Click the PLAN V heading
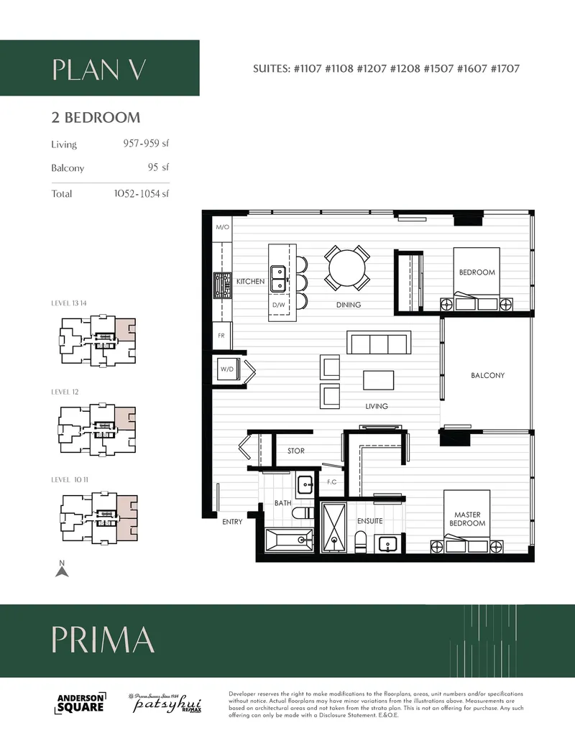(99, 69)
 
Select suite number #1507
(439, 69)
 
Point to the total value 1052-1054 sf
(142, 193)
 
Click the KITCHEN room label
(250, 282)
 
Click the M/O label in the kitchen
(222, 227)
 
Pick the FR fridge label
(222, 335)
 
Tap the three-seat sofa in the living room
(379, 343)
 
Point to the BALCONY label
(487, 375)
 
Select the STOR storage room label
(295, 451)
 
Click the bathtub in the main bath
(289, 540)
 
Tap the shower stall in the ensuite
(333, 528)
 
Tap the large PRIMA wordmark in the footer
(103, 640)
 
